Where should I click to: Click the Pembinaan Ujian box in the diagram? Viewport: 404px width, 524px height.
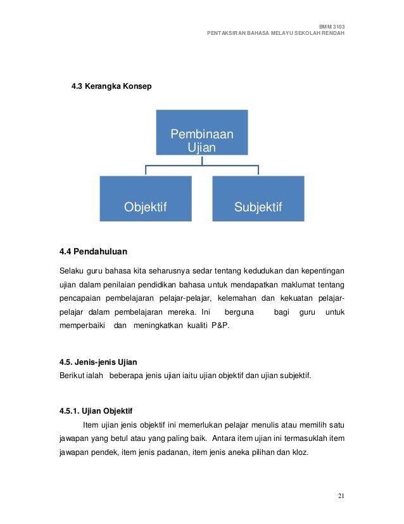(x=202, y=132)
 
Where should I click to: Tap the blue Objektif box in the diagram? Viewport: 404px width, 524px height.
(x=145, y=199)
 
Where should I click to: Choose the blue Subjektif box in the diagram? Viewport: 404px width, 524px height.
(x=258, y=199)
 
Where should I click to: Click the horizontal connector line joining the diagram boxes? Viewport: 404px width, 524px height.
(x=202, y=166)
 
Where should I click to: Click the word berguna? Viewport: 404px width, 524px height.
(x=238, y=312)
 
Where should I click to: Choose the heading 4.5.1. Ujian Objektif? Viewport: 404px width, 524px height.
(x=96, y=410)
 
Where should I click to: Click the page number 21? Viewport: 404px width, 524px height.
(x=341, y=495)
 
